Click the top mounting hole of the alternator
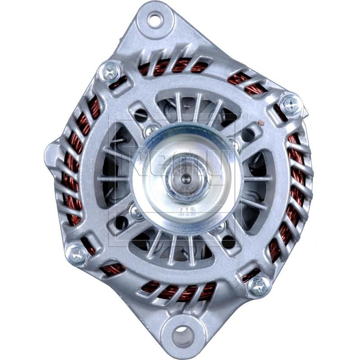[x=155, y=19]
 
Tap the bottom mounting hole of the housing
[x=183, y=335]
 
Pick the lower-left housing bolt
[x=77, y=255]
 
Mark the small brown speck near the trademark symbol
[x=259, y=122]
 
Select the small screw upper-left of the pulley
[x=151, y=130]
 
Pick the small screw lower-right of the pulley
[x=219, y=228]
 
